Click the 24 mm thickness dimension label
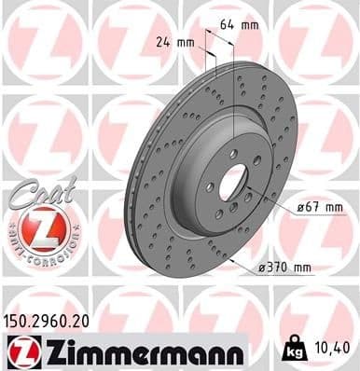[175, 41]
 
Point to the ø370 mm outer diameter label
[283, 267]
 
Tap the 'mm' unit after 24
[185, 41]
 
